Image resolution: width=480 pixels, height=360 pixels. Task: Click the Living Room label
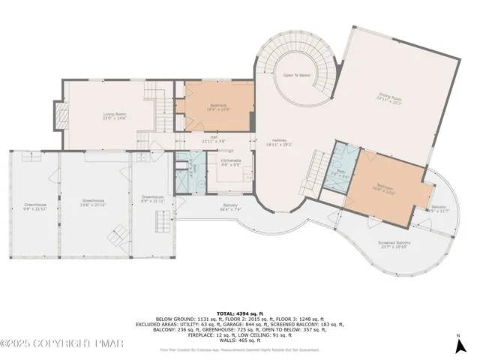pos(115,116)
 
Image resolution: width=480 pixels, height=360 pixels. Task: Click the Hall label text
pos(214,139)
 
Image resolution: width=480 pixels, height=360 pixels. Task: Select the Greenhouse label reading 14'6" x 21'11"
pos(93,202)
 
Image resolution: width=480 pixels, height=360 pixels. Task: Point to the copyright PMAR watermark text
pos(56,343)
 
